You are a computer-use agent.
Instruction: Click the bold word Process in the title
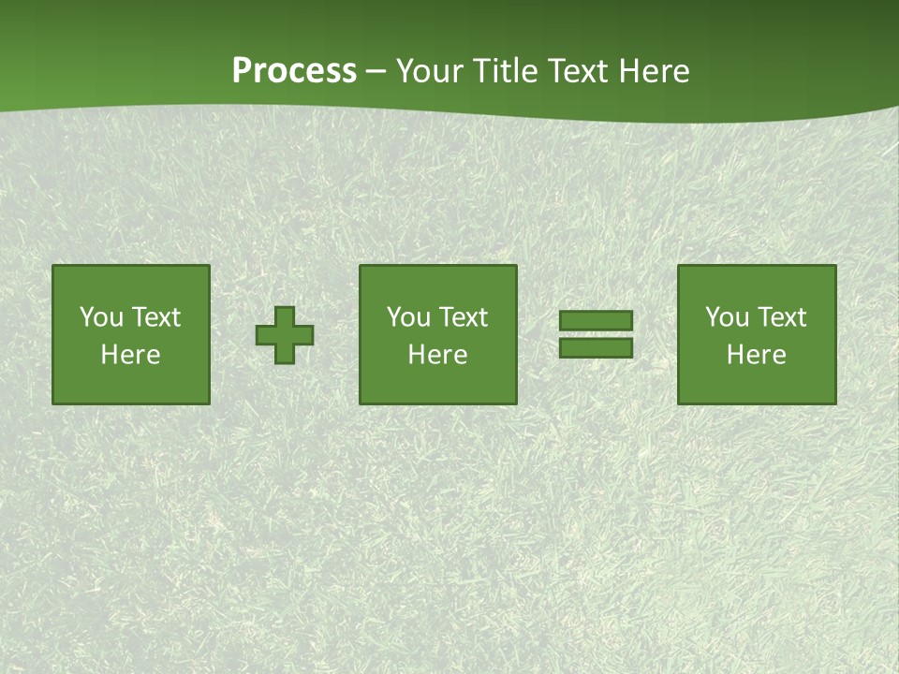tap(294, 71)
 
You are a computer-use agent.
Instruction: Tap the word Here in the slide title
tap(654, 71)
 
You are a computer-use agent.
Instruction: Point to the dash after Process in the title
tap(376, 71)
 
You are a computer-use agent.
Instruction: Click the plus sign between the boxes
tap(285, 335)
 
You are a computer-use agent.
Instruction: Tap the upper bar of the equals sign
tap(596, 321)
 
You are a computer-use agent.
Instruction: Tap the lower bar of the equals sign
tap(596, 347)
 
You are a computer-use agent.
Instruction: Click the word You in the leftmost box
tap(101, 317)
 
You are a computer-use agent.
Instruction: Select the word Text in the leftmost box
tap(155, 317)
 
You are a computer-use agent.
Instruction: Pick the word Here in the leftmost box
tap(130, 355)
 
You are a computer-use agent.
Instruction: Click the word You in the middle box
tap(409, 317)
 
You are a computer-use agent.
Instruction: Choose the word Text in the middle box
tap(463, 317)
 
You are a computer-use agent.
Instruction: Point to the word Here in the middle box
tap(438, 355)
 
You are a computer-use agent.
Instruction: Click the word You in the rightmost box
tap(728, 317)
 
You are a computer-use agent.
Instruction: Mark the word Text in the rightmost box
tap(781, 317)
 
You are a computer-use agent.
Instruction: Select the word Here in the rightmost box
tap(757, 355)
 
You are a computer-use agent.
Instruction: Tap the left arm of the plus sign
tap(265, 335)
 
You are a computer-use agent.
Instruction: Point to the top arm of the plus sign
tap(285, 315)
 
